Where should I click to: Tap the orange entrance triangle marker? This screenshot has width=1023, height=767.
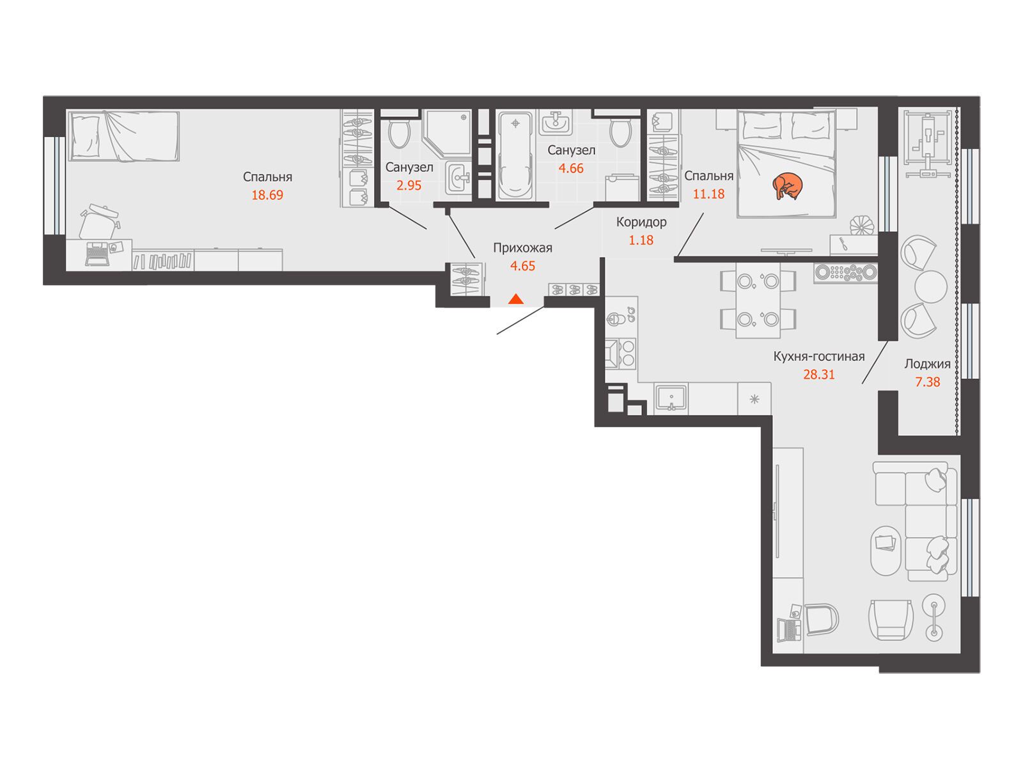(x=515, y=298)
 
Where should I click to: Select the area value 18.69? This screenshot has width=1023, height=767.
(x=267, y=195)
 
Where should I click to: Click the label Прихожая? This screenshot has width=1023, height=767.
(x=522, y=248)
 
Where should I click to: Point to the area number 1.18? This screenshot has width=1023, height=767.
(x=641, y=240)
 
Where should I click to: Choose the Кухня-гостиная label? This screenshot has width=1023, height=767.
(x=819, y=356)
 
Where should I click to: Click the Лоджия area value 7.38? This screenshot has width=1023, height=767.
(x=928, y=382)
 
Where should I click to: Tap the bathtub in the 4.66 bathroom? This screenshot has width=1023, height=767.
(x=515, y=156)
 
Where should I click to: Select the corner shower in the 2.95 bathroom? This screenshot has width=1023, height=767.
(x=446, y=132)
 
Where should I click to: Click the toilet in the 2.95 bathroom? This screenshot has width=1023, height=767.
(x=398, y=132)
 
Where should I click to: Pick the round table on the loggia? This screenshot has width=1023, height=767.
(x=930, y=287)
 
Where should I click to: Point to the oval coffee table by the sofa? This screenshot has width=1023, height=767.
(x=886, y=551)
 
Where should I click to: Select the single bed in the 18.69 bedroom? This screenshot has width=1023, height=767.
(x=124, y=136)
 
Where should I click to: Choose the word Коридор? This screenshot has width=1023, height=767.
(x=641, y=222)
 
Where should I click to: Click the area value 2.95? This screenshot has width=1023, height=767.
(x=409, y=185)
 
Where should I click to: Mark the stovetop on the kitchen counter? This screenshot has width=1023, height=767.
(x=620, y=353)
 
